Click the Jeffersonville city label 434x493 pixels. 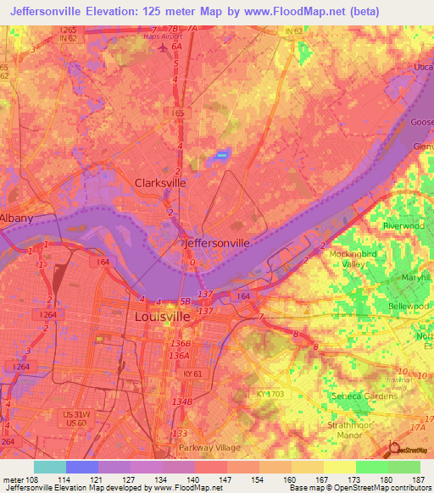(x=217, y=242)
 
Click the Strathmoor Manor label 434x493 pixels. (x=352, y=431)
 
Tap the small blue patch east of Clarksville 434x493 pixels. (x=222, y=154)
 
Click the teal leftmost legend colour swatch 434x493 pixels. (x=50, y=467)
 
